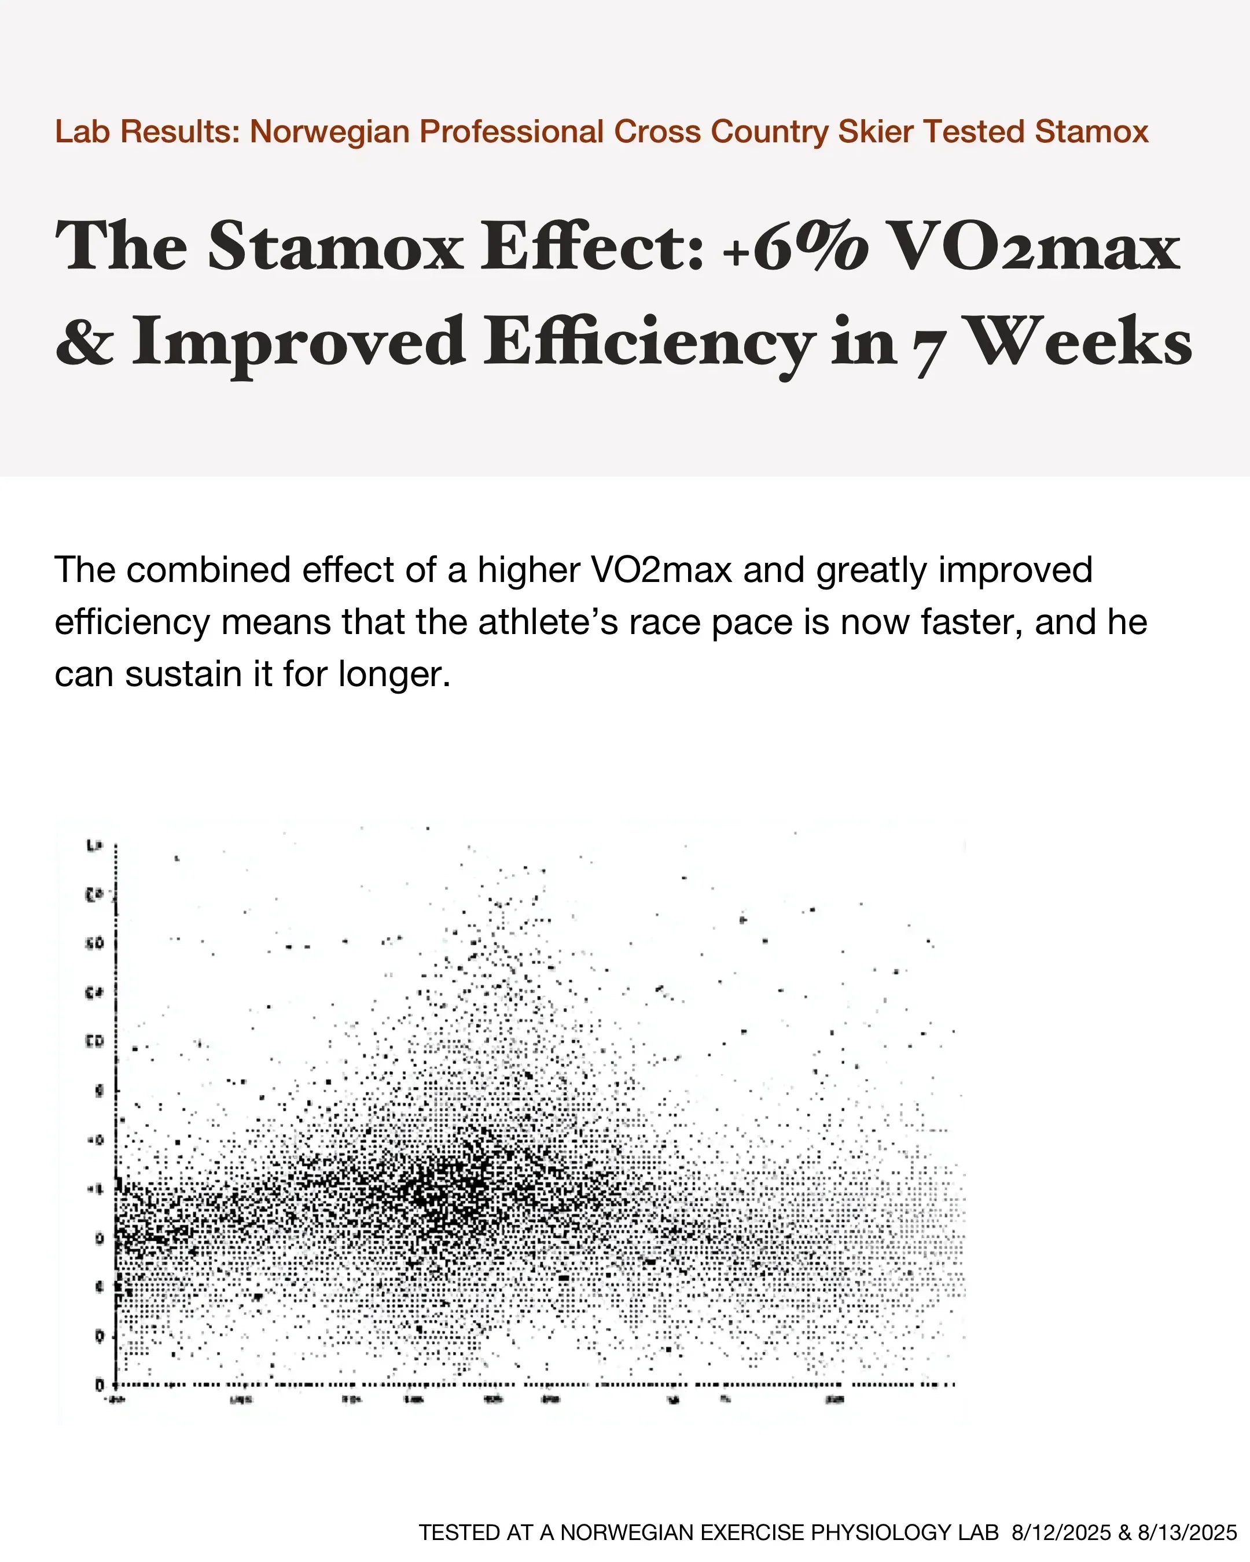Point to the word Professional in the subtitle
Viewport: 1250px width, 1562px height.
coord(512,132)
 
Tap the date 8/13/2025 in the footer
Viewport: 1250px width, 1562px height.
coord(1187,1532)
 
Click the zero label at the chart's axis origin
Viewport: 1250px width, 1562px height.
coord(100,1385)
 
